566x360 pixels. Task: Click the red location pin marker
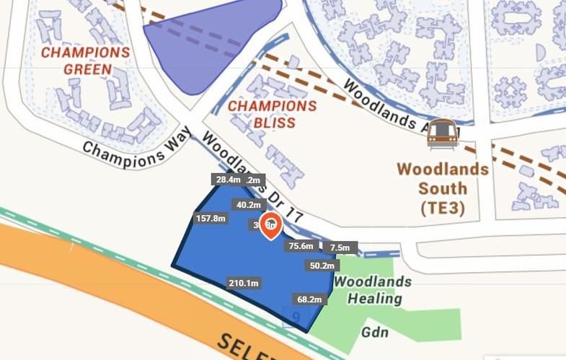point(270,224)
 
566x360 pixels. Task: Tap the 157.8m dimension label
point(211,218)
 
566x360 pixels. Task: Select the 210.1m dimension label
point(243,283)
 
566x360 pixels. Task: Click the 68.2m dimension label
point(309,299)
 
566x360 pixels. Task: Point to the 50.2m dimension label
point(322,265)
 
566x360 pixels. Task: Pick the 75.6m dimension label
point(301,246)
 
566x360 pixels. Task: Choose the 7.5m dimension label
point(339,248)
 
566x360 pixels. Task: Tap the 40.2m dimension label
point(247,205)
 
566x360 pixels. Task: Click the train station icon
point(443,133)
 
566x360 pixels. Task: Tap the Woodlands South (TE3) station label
point(442,189)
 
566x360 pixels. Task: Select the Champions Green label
point(86,61)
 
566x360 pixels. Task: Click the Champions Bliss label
point(273,114)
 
